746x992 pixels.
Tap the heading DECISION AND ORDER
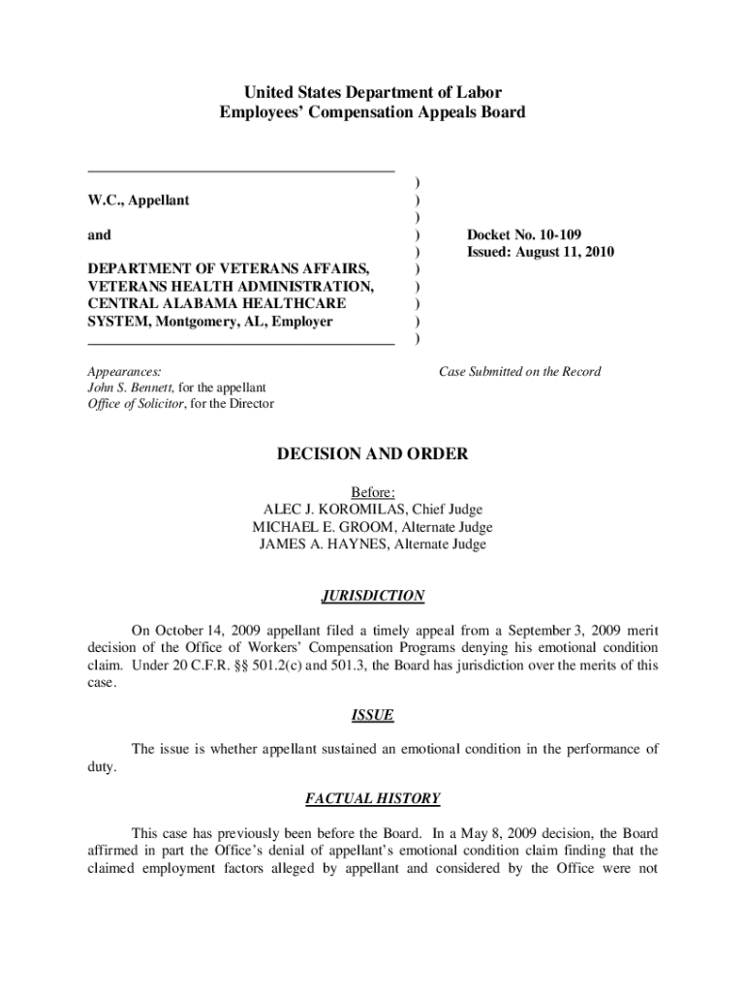[x=372, y=453]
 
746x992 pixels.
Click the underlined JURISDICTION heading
[x=372, y=596]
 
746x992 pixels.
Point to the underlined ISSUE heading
[x=372, y=716]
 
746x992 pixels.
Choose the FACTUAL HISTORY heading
[x=372, y=799]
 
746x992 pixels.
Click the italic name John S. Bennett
[x=129, y=387]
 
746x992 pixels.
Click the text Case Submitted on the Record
[x=519, y=371]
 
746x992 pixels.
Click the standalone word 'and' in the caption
[x=99, y=234]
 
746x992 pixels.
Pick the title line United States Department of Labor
[x=372, y=93]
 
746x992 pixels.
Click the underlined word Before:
[x=372, y=492]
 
